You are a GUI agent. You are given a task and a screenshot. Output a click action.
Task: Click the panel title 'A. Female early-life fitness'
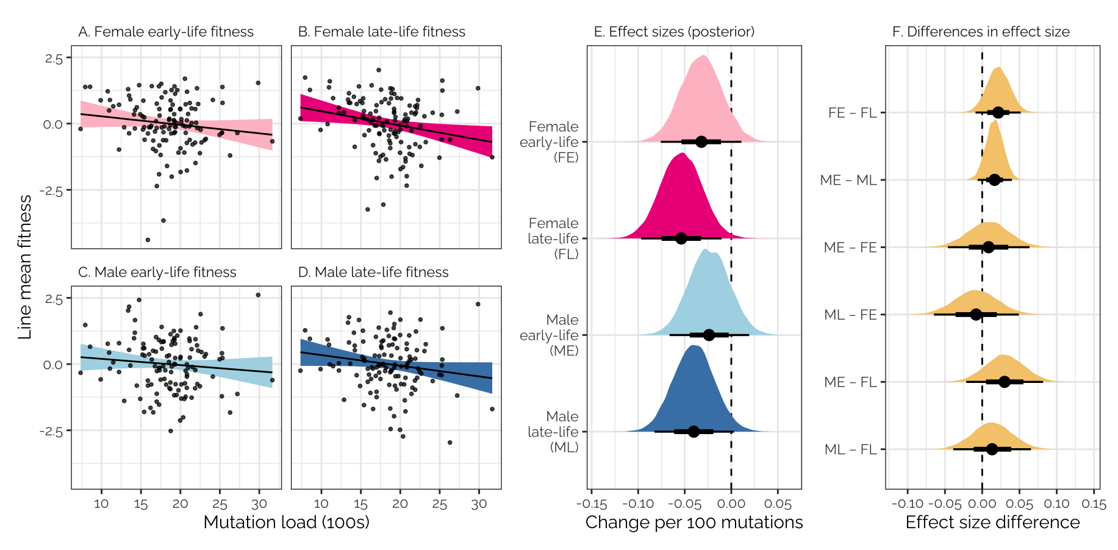165,32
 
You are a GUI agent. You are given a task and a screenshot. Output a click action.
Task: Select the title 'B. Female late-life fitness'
381,32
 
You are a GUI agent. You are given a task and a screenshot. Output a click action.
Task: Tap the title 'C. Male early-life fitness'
157,272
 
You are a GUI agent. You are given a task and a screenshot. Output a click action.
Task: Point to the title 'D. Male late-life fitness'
373,272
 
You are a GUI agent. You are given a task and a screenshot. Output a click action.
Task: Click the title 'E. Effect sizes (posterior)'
674,32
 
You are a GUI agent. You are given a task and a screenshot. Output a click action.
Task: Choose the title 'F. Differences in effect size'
981,32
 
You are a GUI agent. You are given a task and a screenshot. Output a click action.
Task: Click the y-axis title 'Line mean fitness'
25,267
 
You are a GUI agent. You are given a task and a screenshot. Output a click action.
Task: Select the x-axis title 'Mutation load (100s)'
286,523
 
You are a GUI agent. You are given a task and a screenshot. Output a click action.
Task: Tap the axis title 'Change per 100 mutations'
694,523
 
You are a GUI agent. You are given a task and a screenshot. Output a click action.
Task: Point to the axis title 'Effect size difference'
992,523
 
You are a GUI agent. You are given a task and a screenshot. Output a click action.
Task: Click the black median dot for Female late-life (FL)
681,238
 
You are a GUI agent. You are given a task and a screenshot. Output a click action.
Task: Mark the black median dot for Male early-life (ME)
709,335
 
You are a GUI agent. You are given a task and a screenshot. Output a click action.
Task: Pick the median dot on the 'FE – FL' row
998,112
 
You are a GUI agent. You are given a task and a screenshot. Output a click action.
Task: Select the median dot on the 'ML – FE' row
976,315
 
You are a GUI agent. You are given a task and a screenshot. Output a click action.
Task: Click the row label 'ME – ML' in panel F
848,180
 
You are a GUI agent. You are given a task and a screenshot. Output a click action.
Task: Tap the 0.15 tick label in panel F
1094,504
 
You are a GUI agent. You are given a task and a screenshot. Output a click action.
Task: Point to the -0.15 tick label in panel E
591,504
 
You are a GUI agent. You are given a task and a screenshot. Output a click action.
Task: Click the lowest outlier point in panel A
148,240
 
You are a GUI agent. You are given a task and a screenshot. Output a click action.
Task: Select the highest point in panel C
258,295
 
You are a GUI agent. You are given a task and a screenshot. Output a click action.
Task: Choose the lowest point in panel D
450,443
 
